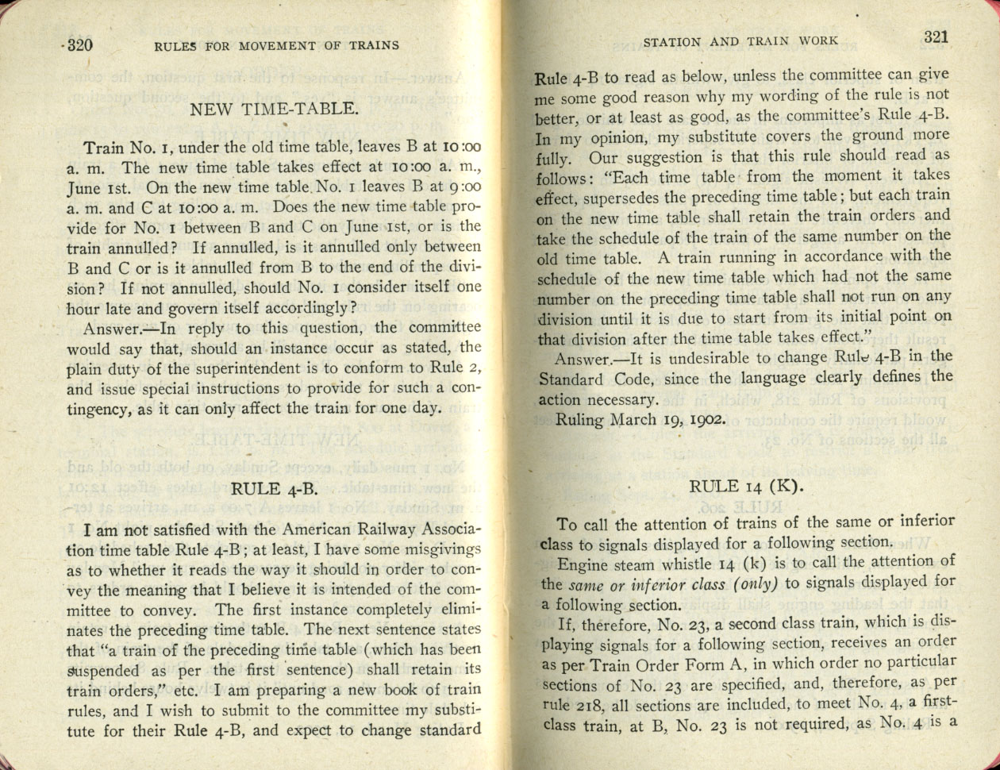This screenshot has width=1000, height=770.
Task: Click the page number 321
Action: [x=937, y=37]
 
